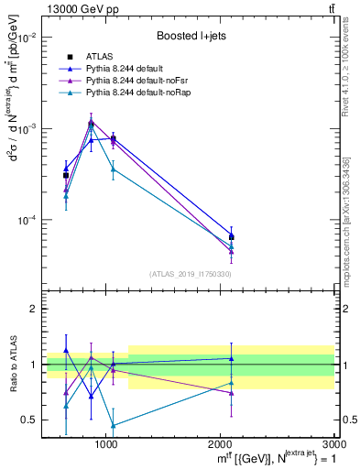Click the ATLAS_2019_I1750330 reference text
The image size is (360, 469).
click(x=190, y=274)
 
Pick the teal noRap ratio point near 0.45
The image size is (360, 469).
click(x=113, y=425)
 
